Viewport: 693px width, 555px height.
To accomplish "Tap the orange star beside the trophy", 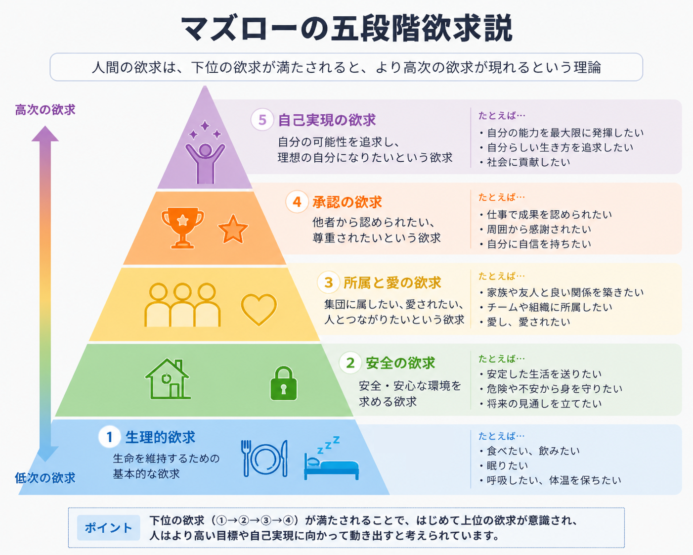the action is tap(233, 230).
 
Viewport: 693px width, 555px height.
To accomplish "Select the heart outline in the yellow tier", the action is tap(259, 309).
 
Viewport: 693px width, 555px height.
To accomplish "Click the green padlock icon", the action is tap(283, 383).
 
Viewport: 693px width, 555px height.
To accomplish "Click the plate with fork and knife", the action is tap(264, 459).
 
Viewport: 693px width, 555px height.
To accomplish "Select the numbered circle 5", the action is tap(262, 120).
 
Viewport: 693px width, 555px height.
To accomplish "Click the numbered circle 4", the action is tap(297, 202).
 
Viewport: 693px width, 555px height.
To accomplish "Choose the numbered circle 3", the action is tap(329, 282).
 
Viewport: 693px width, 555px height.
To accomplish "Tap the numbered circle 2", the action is tap(350, 363).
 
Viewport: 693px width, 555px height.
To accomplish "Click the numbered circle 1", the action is tap(110, 437).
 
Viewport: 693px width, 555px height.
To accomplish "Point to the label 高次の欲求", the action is tap(45, 110).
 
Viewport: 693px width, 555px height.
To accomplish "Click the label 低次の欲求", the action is tap(45, 478).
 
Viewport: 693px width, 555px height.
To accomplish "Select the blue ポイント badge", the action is tap(109, 528).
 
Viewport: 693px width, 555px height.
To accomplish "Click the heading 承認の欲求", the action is tap(347, 202).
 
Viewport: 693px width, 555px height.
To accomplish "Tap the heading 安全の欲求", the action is tap(400, 363).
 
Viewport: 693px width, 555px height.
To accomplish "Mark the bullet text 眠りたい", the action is tap(508, 465).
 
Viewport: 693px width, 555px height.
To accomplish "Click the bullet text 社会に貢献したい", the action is tap(528, 162).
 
